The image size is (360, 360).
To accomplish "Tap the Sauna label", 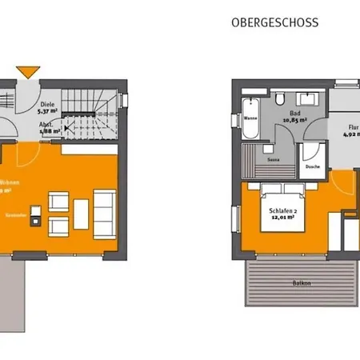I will (272, 160).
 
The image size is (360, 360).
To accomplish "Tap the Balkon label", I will (279, 283).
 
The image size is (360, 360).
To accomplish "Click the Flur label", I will (353, 126).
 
